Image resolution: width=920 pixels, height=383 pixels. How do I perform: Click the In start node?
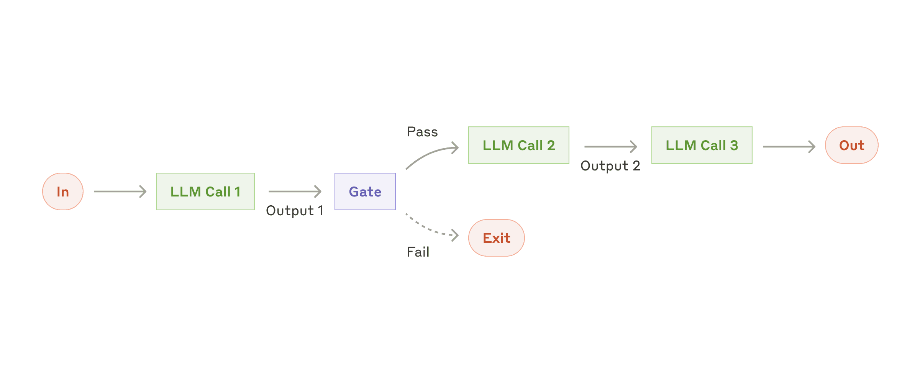tap(63, 191)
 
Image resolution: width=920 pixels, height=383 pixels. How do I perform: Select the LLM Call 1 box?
tap(205, 191)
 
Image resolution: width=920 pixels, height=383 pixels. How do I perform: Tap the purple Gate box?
tap(365, 191)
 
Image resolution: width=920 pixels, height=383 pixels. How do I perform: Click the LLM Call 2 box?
tap(518, 145)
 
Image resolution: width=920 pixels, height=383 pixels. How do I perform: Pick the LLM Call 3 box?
tap(702, 145)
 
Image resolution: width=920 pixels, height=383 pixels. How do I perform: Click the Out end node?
tap(851, 145)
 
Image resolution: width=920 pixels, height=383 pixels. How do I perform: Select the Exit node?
tap(496, 238)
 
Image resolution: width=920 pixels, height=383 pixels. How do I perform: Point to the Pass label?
tap(422, 132)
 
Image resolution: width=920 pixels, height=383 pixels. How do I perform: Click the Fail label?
tap(418, 252)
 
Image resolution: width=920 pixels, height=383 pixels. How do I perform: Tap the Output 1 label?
tap(294, 211)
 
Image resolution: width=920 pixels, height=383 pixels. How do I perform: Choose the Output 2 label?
tap(610, 166)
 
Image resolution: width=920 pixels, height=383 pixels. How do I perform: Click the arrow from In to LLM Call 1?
tap(120, 191)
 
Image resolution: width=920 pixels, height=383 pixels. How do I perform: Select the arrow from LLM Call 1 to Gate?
tap(295, 191)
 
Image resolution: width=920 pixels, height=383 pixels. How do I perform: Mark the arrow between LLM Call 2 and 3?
tap(610, 146)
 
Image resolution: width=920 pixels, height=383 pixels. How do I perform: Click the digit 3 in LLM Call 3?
tap(734, 146)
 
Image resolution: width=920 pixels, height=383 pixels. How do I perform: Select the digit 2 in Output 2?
tap(636, 166)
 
